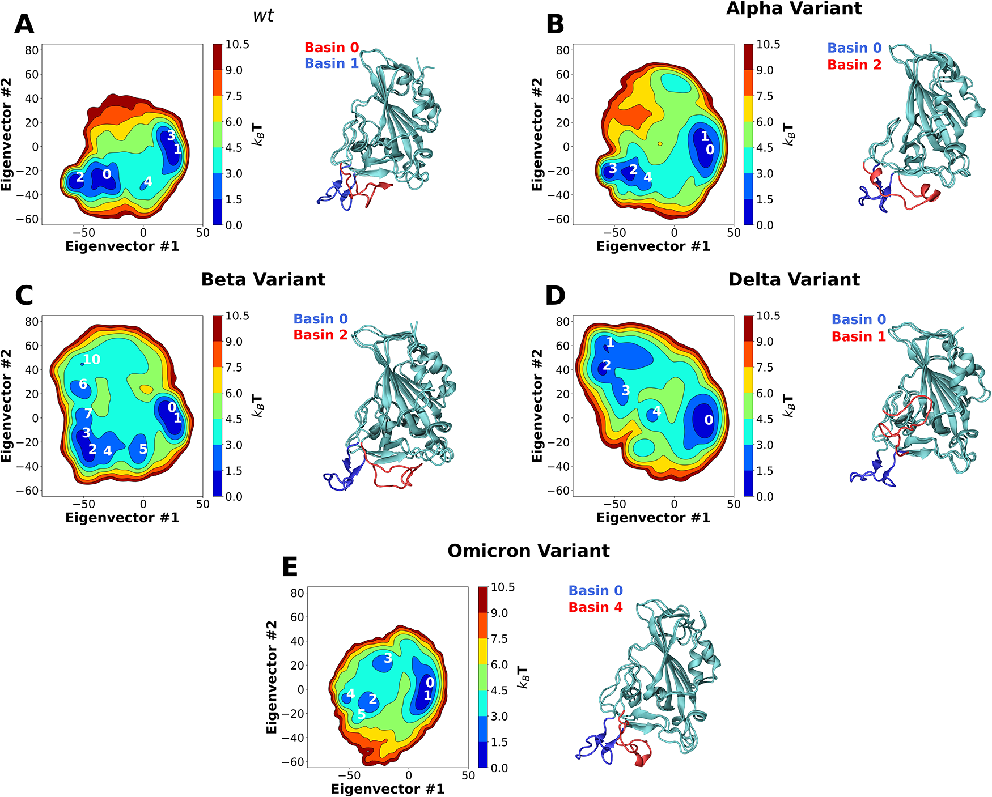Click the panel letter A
(24, 24)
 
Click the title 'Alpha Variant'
(794, 8)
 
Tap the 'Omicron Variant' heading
(528, 551)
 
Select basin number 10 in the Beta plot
(91, 359)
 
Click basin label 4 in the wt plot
(148, 182)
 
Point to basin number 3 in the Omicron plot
(388, 658)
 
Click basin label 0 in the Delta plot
(709, 420)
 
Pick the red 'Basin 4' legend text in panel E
(595, 607)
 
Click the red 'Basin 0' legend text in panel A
(332, 48)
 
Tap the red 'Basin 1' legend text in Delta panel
(858, 336)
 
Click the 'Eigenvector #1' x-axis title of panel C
(122, 518)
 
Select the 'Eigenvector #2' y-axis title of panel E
(272, 677)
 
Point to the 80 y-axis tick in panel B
(562, 50)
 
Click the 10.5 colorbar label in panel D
(768, 316)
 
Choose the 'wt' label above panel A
(264, 15)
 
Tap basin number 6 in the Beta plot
(83, 384)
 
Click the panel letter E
(290, 567)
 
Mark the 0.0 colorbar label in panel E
(499, 768)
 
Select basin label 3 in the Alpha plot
(612, 168)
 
